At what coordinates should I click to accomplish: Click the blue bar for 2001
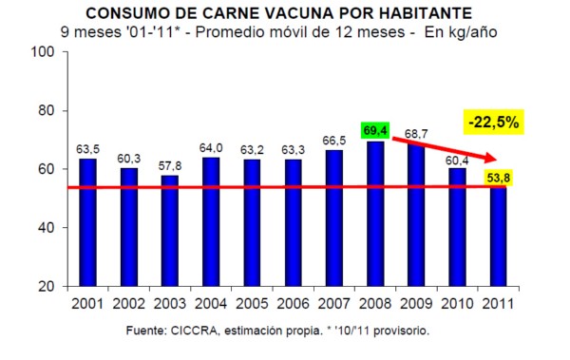point(88,222)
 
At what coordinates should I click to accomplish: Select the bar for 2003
point(170,231)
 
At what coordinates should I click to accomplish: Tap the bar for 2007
point(334,218)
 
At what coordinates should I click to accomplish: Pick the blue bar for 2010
point(457,227)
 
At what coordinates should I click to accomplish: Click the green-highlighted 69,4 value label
point(375,130)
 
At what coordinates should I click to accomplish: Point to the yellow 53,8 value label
point(499,179)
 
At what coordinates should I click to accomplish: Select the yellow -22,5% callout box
point(493,123)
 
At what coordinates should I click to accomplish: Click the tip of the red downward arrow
point(497,160)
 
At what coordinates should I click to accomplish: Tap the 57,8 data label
point(170,166)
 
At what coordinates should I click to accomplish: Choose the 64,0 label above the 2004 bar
point(211,148)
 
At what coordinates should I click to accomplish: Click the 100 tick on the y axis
point(42,51)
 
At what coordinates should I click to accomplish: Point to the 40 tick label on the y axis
point(47,228)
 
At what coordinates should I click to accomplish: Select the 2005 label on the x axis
point(252,304)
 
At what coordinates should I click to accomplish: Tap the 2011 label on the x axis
point(499,304)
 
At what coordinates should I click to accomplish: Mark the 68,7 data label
point(416,134)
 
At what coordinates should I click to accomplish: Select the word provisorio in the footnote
point(401,331)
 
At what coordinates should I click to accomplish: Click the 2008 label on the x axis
point(375,304)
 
